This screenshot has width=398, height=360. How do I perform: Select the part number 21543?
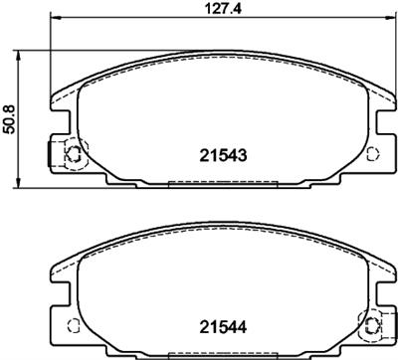click(224, 155)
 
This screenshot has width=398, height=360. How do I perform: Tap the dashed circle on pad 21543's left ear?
click(73, 154)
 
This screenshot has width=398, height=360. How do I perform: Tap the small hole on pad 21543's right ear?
click(373, 153)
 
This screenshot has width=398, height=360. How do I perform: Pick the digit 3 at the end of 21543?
click(244, 155)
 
